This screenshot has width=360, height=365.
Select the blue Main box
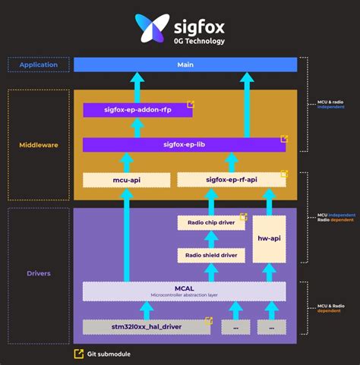click(x=185, y=65)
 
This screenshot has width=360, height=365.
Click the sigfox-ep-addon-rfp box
click(x=137, y=110)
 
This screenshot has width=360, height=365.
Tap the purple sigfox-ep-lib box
click(x=185, y=144)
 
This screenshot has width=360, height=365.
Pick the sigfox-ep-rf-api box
click(x=232, y=179)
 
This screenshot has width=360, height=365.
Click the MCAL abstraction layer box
click(x=185, y=291)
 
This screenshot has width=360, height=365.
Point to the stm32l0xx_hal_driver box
click(x=147, y=326)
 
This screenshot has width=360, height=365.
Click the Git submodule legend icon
click(x=78, y=354)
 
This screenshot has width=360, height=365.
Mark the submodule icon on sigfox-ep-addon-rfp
click(x=190, y=105)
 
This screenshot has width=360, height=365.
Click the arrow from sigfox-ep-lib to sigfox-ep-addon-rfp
click(x=137, y=127)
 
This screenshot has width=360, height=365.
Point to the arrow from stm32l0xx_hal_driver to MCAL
click(x=147, y=310)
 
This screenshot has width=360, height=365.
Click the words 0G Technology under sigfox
click(x=199, y=40)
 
